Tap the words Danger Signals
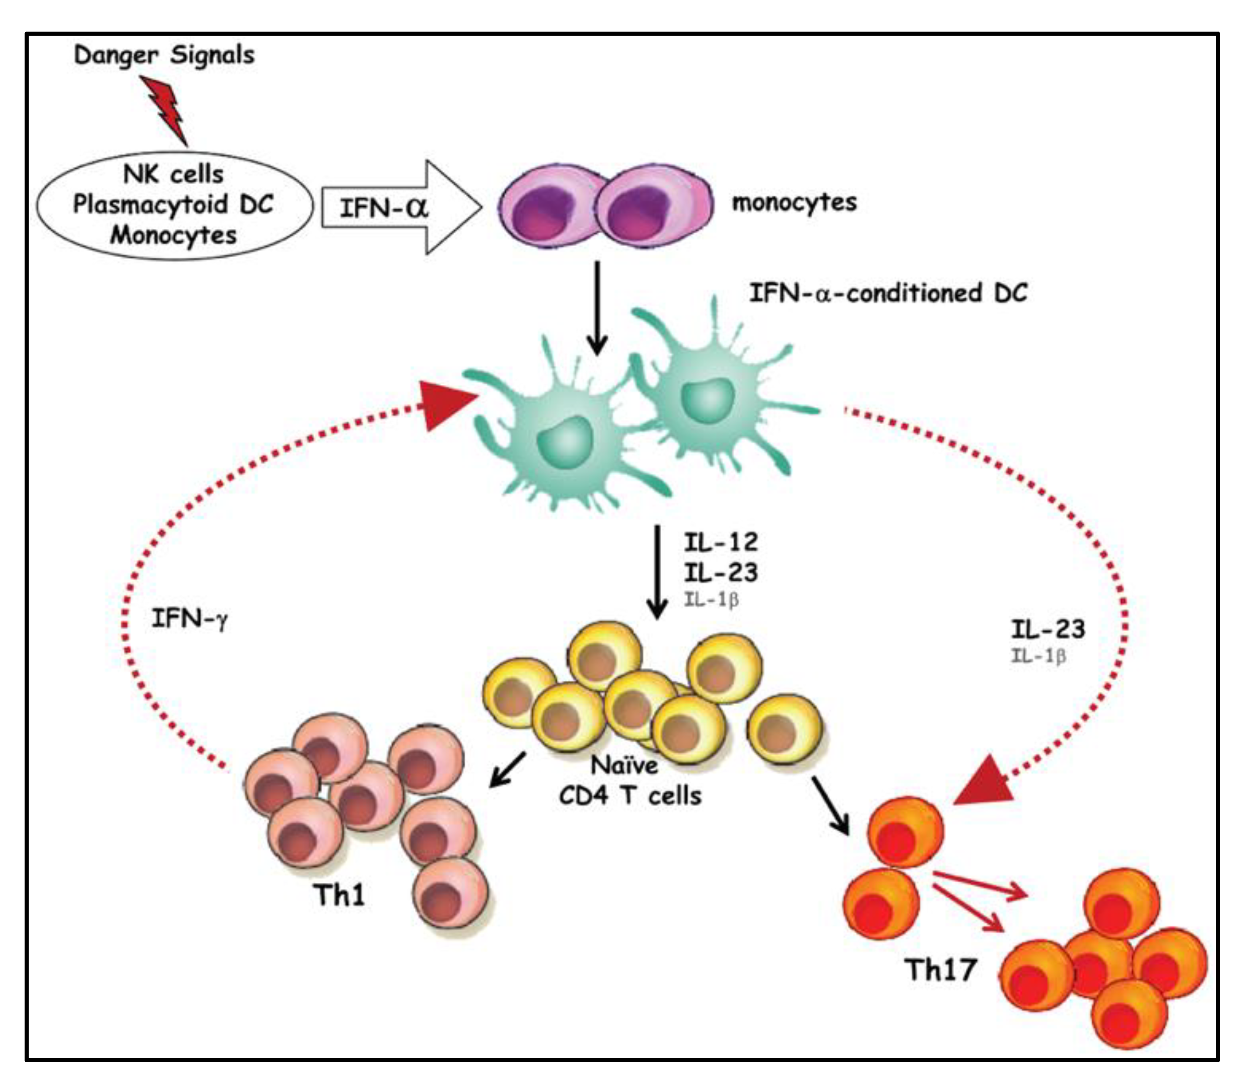[x=164, y=55]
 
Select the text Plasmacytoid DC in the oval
[x=173, y=204]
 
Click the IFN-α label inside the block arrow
[x=384, y=208]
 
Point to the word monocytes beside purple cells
[x=794, y=202]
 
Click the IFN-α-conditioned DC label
[x=888, y=293]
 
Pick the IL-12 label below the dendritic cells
[x=720, y=541]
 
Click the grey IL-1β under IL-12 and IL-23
[x=711, y=600]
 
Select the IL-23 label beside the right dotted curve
[x=1048, y=629]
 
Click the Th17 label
[x=941, y=970]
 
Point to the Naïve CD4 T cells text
[x=629, y=781]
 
